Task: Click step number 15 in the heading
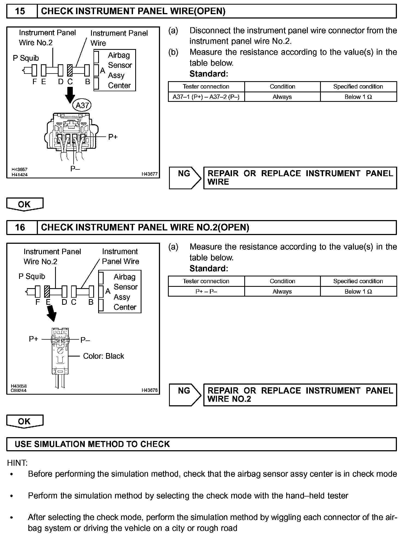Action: (20, 11)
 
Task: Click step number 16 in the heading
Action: (20, 227)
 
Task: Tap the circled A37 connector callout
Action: (82, 105)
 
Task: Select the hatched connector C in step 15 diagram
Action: (70, 70)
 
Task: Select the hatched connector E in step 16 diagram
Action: (47, 291)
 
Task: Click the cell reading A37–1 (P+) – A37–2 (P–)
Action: (206, 97)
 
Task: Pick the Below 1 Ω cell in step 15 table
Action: (358, 97)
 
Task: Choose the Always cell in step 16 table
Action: (282, 292)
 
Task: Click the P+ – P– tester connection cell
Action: (206, 292)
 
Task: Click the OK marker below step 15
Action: (25, 204)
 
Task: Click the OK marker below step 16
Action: (25, 421)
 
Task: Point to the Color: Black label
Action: (103, 356)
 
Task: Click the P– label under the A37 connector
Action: (75, 169)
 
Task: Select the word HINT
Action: (17, 463)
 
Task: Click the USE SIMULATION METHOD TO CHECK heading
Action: (92, 444)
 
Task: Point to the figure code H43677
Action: (149, 174)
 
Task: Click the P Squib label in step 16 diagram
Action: (32, 276)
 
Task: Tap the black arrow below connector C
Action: (70, 95)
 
